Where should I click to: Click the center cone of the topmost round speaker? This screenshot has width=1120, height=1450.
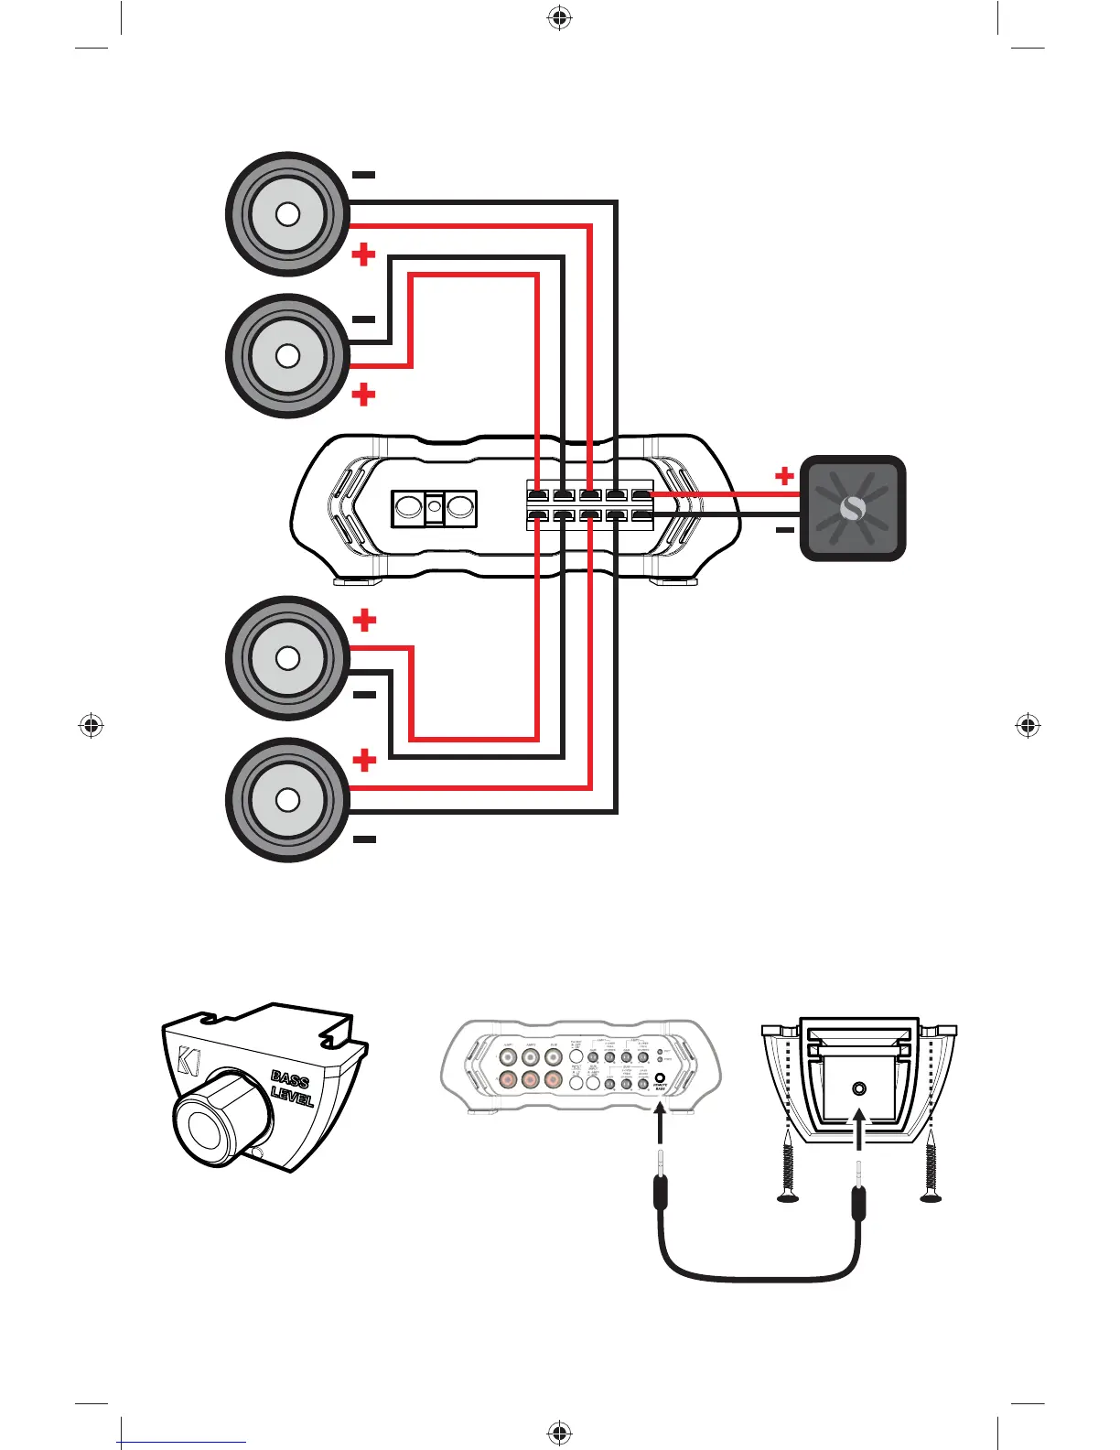[287, 214]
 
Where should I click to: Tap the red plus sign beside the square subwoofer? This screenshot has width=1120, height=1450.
[784, 476]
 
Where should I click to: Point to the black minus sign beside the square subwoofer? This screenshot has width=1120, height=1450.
[784, 530]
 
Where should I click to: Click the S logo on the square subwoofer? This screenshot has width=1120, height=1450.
[853, 509]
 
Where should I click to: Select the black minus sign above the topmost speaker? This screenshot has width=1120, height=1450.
[363, 174]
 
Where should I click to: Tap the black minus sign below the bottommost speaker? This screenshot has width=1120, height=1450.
[364, 839]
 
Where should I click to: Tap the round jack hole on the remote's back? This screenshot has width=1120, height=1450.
[858, 1088]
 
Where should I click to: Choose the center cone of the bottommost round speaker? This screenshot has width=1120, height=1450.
[287, 800]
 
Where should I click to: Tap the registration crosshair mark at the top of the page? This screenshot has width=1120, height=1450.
[559, 17]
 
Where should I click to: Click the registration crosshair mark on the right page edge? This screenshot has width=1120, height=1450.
[1028, 726]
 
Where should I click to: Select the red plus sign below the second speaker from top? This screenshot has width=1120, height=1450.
[364, 395]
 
